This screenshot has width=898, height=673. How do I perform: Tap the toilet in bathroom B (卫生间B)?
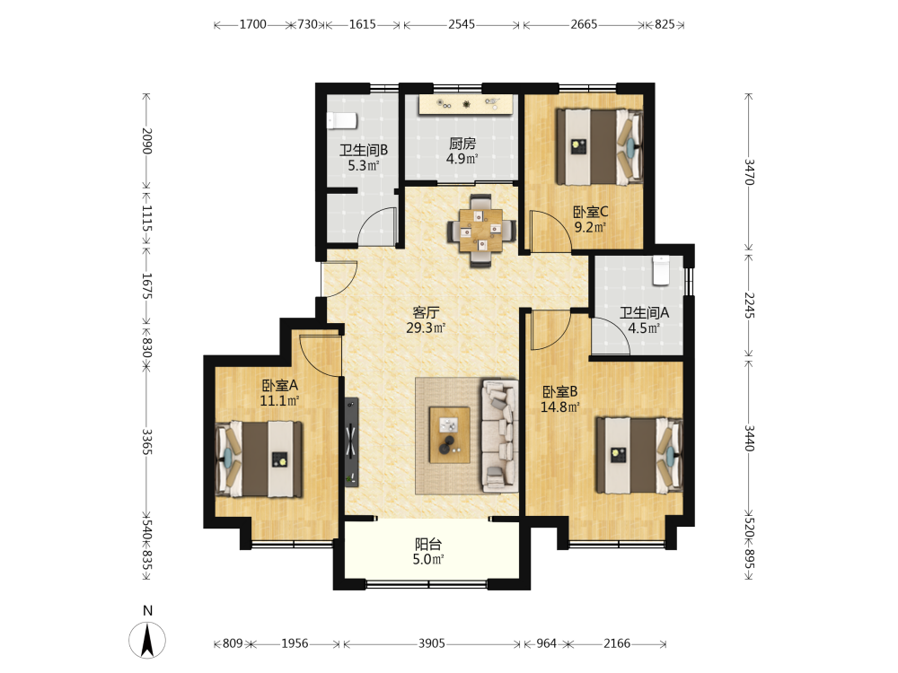[342, 121]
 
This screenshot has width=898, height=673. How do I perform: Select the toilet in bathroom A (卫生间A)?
[661, 271]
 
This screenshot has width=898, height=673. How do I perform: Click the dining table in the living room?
[481, 230]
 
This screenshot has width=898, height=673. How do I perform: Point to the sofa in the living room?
[500, 436]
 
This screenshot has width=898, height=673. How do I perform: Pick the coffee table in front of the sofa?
[450, 435]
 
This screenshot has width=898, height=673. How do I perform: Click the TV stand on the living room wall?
[352, 442]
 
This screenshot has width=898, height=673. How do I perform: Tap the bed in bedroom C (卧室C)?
[600, 147]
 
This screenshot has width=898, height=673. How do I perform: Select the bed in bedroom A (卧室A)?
[259, 459]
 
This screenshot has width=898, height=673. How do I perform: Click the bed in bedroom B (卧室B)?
[639, 455]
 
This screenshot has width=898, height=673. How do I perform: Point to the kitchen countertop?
[465, 105]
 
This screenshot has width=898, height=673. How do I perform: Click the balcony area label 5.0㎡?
[428, 559]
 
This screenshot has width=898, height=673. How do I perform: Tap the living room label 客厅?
[426, 312]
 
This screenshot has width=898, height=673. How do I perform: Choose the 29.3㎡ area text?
[426, 328]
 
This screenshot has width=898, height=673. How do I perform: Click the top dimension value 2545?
[462, 24]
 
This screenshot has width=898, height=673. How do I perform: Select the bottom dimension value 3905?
[432, 643]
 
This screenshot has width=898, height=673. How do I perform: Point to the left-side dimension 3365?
[147, 441]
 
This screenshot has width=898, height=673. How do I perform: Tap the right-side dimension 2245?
[750, 305]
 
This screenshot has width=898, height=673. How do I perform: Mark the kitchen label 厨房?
[462, 143]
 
